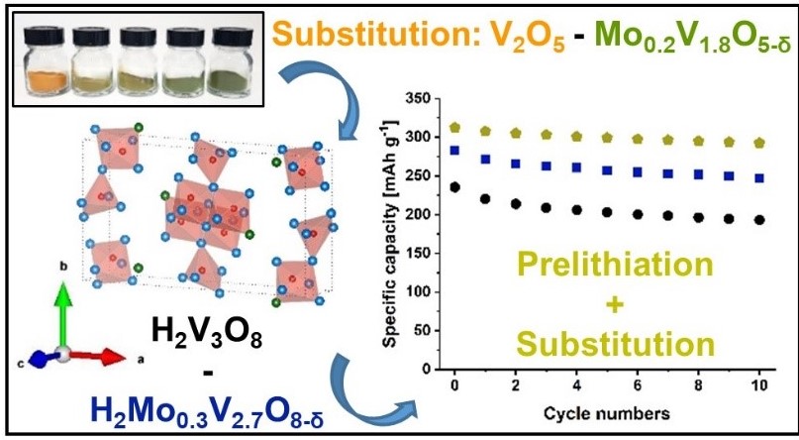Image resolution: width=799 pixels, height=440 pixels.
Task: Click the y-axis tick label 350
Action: click(x=425, y=100)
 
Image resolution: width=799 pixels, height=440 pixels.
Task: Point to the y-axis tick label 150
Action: click(x=425, y=254)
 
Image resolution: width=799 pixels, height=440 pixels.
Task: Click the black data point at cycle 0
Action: click(x=455, y=186)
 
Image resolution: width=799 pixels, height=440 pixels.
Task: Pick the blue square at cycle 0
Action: click(x=455, y=151)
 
